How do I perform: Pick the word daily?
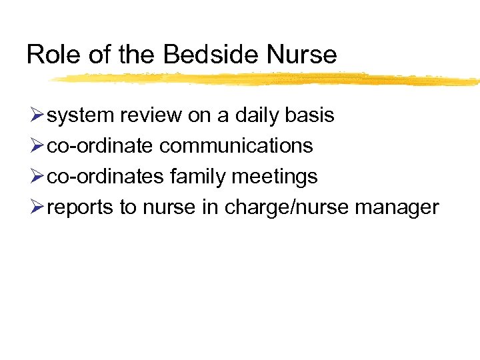pyautogui.click(x=256, y=116)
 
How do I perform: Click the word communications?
pyautogui.click(x=236, y=146)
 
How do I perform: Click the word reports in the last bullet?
pyautogui.click(x=81, y=207)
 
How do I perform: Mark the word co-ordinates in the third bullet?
pyautogui.click(x=105, y=177)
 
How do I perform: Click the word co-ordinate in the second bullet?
pyautogui.click(x=101, y=146)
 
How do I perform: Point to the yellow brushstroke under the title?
pyautogui.click(x=267, y=79)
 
